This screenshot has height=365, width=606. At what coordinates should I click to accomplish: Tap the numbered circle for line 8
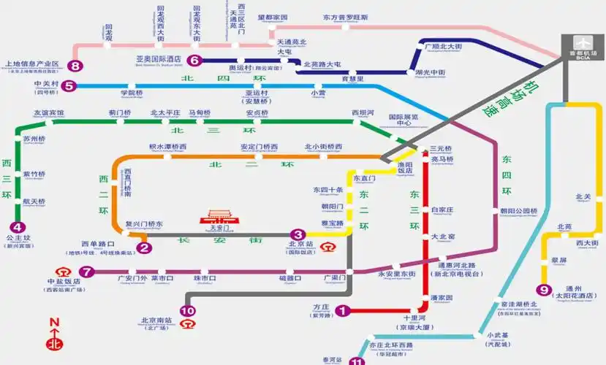point(75,66)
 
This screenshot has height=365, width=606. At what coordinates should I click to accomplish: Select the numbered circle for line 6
point(194,61)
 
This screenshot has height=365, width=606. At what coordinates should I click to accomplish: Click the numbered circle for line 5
point(69,86)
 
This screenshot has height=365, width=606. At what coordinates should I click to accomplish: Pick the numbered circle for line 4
point(18,227)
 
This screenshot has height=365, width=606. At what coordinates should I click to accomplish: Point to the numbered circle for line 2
point(145,247)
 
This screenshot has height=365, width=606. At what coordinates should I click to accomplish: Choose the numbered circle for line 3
point(298,234)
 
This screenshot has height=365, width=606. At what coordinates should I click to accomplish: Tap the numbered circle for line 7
point(87,272)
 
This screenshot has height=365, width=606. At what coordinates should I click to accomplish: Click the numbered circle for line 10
point(188,311)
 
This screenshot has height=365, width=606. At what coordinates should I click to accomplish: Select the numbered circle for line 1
point(341,311)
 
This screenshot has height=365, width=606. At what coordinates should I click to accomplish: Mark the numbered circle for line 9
point(542,289)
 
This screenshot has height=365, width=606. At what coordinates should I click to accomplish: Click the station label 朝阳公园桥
point(518,212)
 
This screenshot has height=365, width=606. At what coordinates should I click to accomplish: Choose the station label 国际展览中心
point(403,120)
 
